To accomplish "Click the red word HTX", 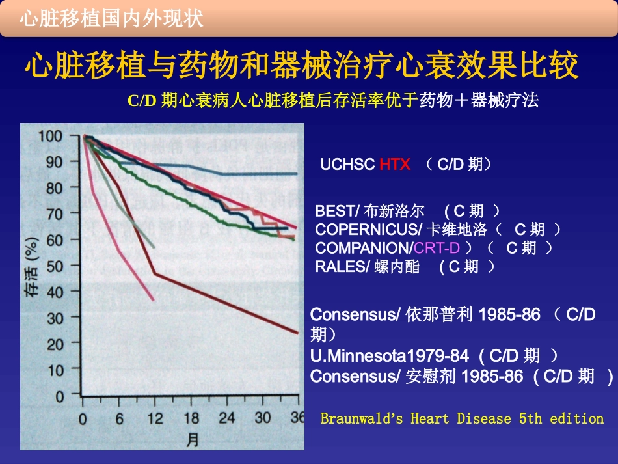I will coord(395,165).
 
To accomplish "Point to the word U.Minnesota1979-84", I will coord(389,356).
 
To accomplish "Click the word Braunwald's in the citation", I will coord(362,418).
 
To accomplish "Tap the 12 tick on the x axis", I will coord(155,418).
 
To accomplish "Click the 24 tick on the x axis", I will coord(227,418).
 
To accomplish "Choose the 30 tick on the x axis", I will coord(263,418).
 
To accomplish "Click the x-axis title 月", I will coord(193,439).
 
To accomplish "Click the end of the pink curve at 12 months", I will coord(154,300).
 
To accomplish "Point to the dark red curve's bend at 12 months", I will coord(155,273).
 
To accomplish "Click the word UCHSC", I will coord(347,165).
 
